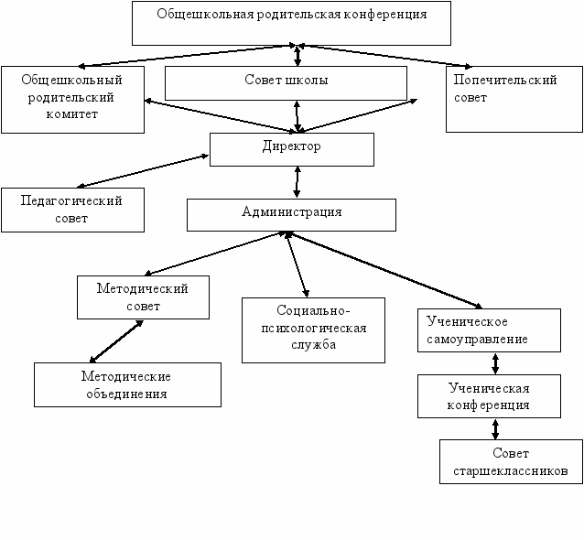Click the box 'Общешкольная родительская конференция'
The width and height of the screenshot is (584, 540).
click(x=291, y=23)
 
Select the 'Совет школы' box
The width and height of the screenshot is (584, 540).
click(x=286, y=83)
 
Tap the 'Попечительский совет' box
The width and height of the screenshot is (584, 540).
click(x=514, y=99)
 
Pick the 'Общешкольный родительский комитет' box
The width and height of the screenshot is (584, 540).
click(x=72, y=100)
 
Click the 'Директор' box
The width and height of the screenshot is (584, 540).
click(x=292, y=149)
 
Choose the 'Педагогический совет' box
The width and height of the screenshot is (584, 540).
click(x=72, y=210)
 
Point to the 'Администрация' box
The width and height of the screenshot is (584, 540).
click(x=291, y=215)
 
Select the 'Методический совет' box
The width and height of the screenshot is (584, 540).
click(x=143, y=297)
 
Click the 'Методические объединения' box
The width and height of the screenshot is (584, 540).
click(x=127, y=384)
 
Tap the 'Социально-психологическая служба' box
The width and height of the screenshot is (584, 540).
click(x=313, y=330)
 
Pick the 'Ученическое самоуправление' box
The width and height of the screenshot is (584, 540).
click(x=489, y=330)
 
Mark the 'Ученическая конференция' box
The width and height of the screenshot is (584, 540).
click(x=489, y=396)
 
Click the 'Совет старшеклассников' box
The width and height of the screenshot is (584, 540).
click(x=511, y=461)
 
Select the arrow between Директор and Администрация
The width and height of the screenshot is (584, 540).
click(x=297, y=182)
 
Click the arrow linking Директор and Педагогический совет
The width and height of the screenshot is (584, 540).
click(x=143, y=170)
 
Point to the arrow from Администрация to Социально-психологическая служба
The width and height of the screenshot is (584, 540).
click(x=297, y=265)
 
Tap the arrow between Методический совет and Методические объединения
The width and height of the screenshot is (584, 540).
click(x=116, y=341)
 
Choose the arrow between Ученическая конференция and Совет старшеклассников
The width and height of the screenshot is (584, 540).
click(x=495, y=429)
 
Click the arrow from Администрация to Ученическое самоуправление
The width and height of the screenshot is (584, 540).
click(x=384, y=270)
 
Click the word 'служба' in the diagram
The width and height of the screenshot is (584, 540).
click(x=313, y=345)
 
